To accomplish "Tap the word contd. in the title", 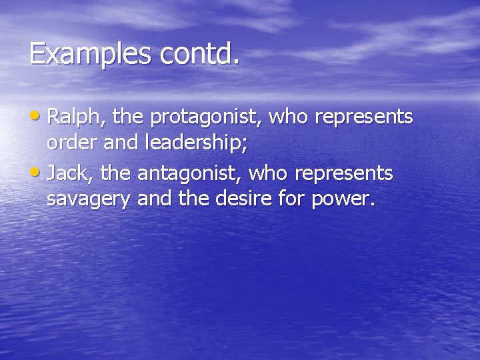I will (x=198, y=54).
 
